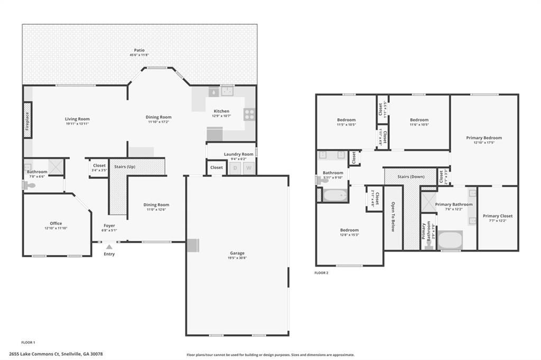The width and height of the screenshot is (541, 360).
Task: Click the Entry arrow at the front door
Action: [109, 247]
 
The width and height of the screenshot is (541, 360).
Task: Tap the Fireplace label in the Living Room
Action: [27, 120]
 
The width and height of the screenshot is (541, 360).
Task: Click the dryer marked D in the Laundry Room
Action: [235, 168]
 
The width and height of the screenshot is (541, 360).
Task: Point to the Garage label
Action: [237, 253]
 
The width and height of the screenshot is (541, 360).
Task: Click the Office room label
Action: [56, 223]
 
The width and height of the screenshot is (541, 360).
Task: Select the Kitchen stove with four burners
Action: [249, 115]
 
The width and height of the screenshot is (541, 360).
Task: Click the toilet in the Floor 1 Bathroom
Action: [30, 185]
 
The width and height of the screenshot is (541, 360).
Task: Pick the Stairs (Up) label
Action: [125, 167]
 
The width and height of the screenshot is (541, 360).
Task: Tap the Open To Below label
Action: [393, 217]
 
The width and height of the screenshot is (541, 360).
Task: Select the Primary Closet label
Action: [497, 216]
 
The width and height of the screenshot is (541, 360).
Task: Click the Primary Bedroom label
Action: [484, 138]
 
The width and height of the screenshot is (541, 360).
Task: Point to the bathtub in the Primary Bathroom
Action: [450, 240]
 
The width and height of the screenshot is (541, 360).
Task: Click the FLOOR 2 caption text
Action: [321, 273]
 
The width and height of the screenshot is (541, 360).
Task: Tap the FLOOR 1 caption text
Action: [28, 343]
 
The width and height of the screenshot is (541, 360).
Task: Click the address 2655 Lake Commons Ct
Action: [56, 354]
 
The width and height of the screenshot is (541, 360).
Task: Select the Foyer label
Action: [109, 225]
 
